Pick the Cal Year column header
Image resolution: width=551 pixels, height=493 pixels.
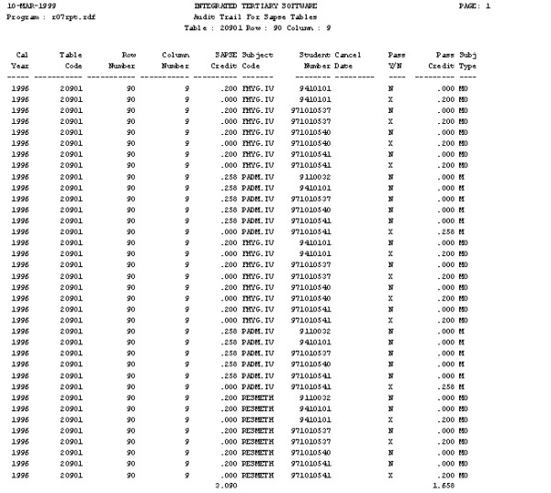click(x=21, y=61)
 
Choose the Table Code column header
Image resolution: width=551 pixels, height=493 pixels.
click(x=71, y=61)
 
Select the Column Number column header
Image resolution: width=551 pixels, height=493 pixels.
click(x=174, y=61)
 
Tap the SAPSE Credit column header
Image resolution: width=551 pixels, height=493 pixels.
click(x=223, y=61)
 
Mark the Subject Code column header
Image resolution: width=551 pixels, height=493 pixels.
click(x=257, y=61)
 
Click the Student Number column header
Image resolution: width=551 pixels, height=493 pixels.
click(x=315, y=61)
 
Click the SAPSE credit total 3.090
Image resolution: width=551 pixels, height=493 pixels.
click(x=224, y=484)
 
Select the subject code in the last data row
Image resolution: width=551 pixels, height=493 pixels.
click(x=258, y=475)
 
